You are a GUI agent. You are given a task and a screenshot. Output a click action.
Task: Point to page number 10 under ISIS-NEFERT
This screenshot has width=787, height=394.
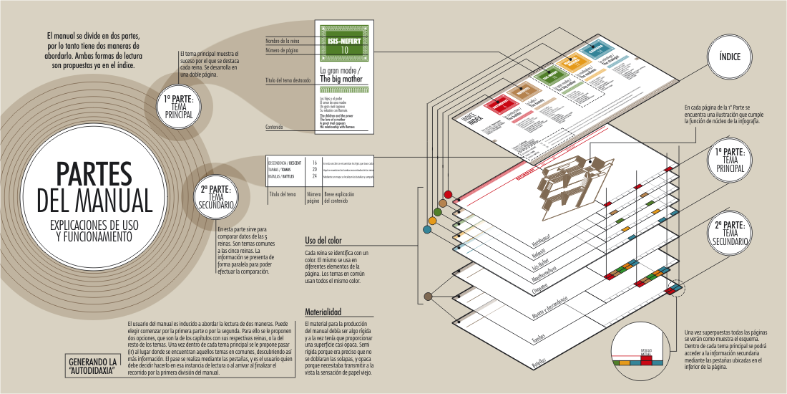coord(346,51)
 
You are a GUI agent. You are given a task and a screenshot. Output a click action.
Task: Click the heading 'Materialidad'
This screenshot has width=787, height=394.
coord(323,312)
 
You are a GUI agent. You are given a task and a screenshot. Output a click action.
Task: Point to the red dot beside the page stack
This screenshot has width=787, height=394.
coord(448,194)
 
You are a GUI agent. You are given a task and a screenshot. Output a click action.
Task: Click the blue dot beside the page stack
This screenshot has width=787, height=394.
coord(427,229)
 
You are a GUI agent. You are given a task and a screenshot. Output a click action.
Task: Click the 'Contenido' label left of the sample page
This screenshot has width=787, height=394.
coord(275,127)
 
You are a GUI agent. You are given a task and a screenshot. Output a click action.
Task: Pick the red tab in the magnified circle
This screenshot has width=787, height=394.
coord(647,360)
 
